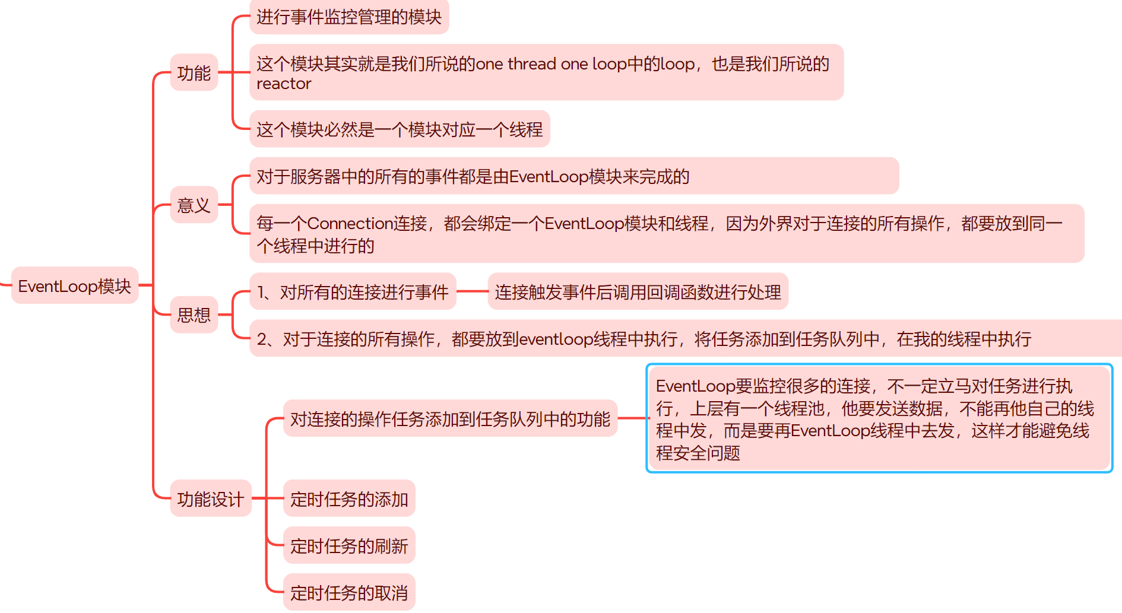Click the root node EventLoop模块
pos(75,286)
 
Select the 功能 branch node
pos(194,73)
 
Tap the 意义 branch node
pos(194,205)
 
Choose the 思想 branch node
pos(194,315)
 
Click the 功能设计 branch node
pos(210,499)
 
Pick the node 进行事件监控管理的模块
pos(348,17)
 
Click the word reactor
pos(284,84)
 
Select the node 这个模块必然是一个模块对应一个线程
pos(399,129)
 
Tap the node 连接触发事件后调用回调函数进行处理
pos(638,292)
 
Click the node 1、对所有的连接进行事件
pos(353,292)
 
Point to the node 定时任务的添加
pos(349,499)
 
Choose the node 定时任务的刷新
pos(349,546)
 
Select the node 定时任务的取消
pos(349,593)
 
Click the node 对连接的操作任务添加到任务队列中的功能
pos(450,419)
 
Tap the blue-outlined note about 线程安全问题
pos(879,419)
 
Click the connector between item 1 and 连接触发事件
pos(472,291)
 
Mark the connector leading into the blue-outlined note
pos(632,418)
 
